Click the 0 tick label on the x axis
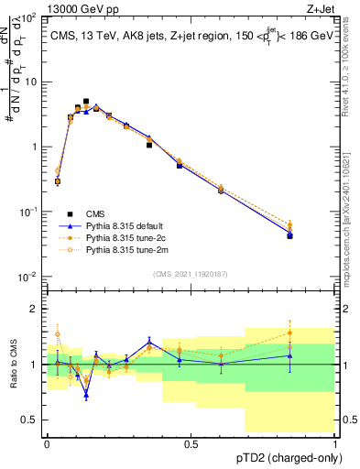click(x=47, y=442)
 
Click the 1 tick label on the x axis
click(x=334, y=442)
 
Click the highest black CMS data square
click(x=86, y=102)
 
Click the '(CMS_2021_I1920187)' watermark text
click(x=191, y=273)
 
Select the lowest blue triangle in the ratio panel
click(x=86, y=396)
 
